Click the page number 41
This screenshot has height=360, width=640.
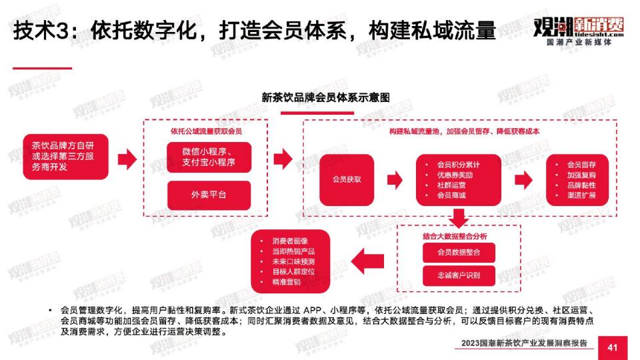point(612,348)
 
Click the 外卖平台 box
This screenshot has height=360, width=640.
point(209,195)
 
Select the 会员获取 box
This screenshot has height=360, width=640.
point(347,179)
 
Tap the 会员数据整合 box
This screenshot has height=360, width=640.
point(459,252)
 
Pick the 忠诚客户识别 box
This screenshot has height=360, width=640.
point(459,275)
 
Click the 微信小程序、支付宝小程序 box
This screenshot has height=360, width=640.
point(209,157)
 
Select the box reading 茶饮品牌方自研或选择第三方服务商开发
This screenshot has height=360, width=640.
point(65,156)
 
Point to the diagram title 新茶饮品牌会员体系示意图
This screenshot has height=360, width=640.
point(326,97)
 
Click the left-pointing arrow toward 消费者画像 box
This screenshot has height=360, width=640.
point(367,261)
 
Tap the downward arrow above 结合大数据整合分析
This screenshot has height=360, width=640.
point(459,218)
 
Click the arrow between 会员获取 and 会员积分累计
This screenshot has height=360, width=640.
point(395,179)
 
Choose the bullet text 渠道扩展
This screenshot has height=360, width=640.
point(581,195)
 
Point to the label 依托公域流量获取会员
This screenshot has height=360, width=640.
point(206,131)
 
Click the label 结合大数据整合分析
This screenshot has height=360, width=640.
point(455,236)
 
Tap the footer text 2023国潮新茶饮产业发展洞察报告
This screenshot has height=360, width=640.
point(524,343)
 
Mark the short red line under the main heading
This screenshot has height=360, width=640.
point(43,68)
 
